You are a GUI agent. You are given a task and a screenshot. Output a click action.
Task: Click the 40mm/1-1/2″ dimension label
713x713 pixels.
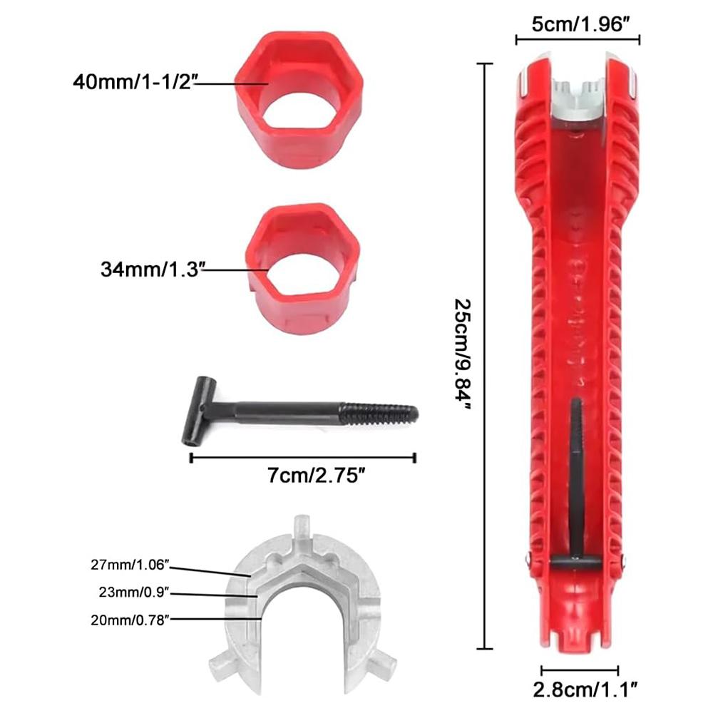[x=132, y=81]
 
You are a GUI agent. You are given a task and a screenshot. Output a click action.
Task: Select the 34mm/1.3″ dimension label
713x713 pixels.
[x=151, y=270]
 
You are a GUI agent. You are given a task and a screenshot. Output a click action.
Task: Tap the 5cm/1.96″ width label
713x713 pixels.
[x=578, y=24]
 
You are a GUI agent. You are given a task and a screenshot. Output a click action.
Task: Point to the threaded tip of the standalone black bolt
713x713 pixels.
[x=385, y=413]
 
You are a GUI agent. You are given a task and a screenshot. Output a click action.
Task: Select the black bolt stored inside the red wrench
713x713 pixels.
[x=575, y=485]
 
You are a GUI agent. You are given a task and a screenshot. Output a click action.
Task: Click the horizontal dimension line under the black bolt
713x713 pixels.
[x=303, y=458]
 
